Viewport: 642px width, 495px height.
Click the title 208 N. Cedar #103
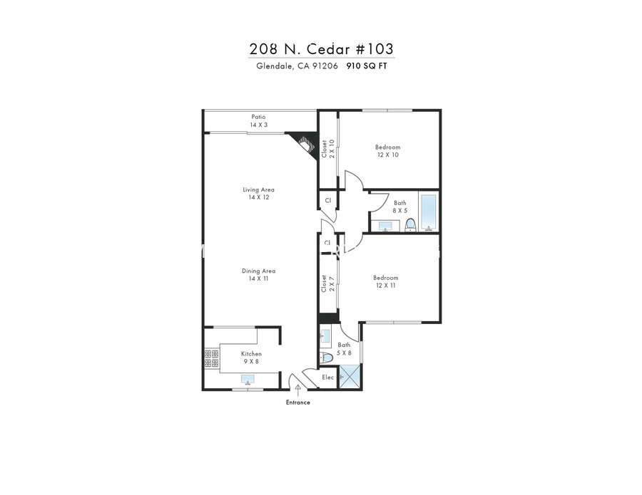pos(322,49)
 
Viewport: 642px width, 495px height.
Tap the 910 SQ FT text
pos(367,66)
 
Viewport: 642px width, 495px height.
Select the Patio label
pos(259,117)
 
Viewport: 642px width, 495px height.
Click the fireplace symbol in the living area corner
pos(305,144)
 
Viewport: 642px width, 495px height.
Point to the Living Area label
pos(259,189)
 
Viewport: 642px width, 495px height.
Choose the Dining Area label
pos(259,271)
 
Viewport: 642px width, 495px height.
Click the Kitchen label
pos(251,354)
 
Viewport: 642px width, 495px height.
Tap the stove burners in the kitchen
pos(212,358)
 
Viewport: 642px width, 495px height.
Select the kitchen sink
pos(248,380)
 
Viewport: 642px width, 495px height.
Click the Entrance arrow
pos(297,391)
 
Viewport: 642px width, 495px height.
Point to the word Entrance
pos(298,402)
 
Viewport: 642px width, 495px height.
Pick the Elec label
pos(328,377)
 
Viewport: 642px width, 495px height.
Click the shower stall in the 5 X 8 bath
pos(350,377)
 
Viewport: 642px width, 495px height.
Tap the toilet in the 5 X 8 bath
pos(326,358)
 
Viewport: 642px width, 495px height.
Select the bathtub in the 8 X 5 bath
pos(429,212)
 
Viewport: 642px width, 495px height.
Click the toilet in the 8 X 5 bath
pos(410,225)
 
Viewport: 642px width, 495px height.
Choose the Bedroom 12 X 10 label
pos(388,151)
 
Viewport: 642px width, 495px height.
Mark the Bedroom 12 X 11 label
pos(386,281)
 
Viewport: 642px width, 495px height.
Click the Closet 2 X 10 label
pos(328,149)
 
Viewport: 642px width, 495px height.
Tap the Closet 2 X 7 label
pos(328,283)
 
